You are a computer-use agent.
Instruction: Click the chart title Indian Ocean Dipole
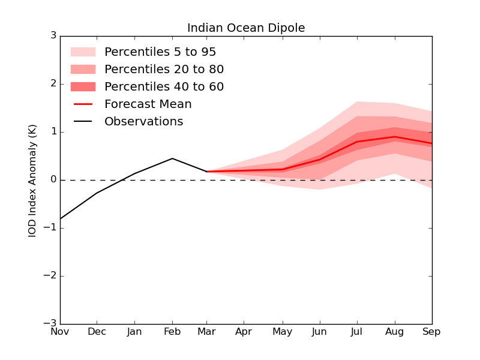246,28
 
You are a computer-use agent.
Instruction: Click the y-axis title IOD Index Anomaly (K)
32,180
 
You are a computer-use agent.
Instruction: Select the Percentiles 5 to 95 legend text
160,52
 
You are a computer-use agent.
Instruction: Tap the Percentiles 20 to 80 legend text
164,70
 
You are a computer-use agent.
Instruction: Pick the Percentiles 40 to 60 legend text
164,87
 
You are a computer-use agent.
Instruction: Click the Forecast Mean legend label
148,104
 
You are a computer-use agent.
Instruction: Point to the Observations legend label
143,122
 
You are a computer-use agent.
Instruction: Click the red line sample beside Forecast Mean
83,104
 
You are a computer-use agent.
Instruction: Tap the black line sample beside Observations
83,122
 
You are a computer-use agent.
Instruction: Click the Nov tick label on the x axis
60,332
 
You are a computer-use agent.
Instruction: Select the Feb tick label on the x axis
172,332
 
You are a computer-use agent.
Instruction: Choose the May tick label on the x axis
283,332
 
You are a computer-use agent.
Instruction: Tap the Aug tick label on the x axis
395,332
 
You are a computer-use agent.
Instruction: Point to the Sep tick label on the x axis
431,332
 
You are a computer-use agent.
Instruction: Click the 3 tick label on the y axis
53,36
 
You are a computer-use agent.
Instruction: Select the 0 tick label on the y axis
53,180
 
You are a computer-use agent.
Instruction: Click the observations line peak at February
172,158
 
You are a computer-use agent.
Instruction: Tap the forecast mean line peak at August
395,137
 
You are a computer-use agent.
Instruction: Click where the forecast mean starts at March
207,172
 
